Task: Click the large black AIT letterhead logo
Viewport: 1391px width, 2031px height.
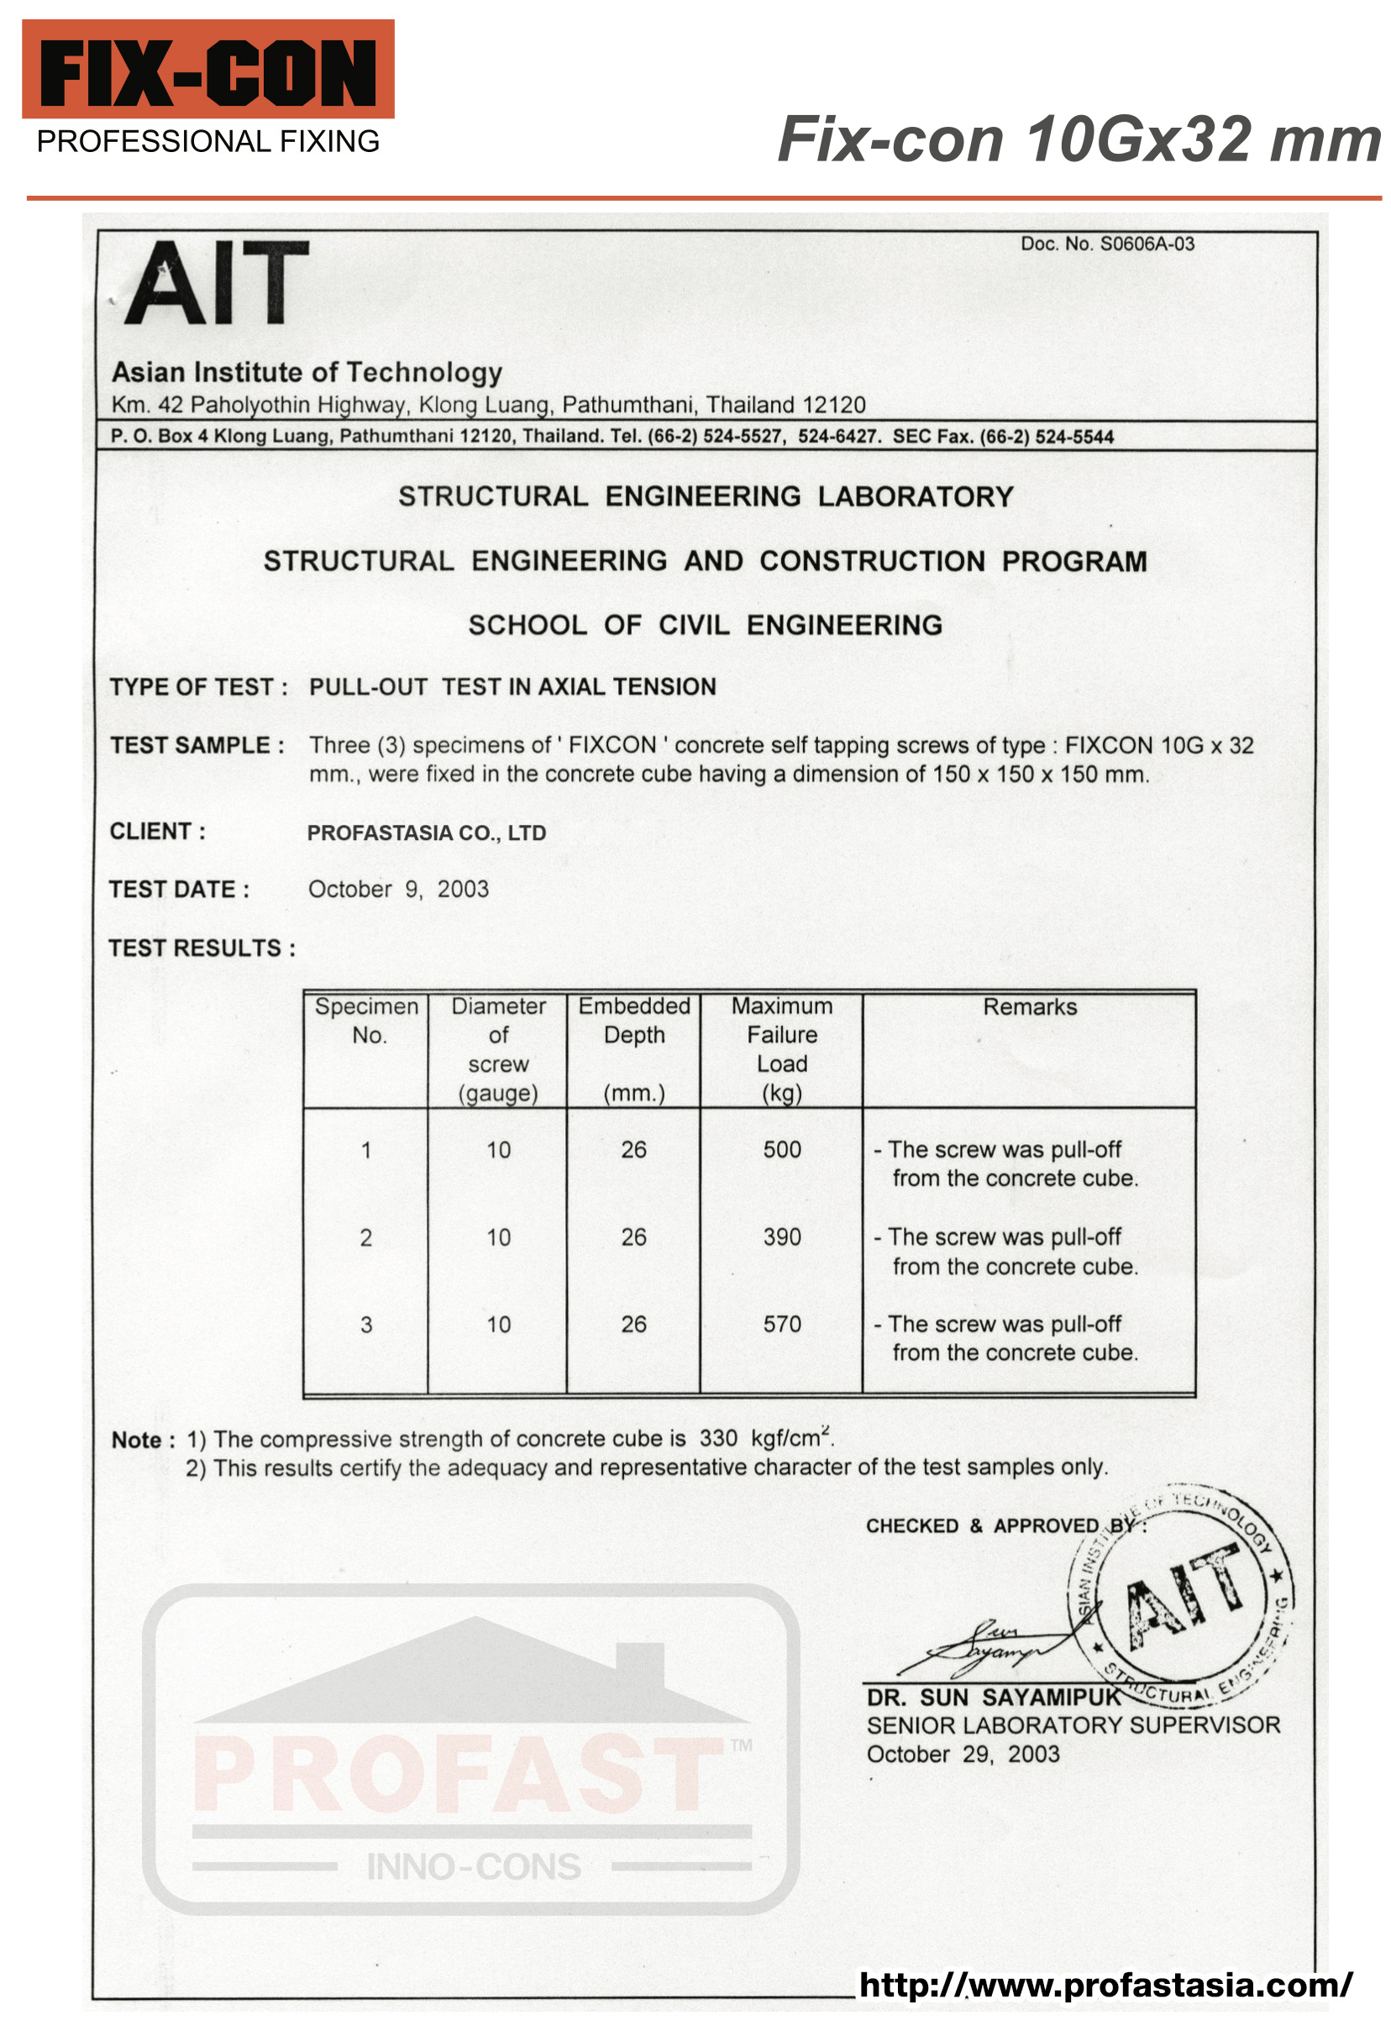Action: [216, 283]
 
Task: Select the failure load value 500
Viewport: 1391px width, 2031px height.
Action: [781, 1150]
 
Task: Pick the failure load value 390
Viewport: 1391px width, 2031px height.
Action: [781, 1237]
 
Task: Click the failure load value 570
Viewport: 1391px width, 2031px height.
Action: [781, 1325]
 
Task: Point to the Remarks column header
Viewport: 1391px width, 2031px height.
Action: [1029, 1008]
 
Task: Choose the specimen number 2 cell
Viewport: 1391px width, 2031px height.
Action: [366, 1238]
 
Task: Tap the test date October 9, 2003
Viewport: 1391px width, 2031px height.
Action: [398, 890]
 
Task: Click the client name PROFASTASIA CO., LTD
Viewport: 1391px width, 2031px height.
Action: [427, 834]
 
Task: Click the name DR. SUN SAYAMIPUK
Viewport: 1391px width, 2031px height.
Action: [993, 1698]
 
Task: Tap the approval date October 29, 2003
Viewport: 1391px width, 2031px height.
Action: [962, 1755]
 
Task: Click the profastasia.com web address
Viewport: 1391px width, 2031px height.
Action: [1105, 1986]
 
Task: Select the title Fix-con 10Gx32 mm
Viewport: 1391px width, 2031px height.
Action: [1079, 139]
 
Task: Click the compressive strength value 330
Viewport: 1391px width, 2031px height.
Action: [718, 1440]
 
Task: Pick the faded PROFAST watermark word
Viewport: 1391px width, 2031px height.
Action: [456, 1774]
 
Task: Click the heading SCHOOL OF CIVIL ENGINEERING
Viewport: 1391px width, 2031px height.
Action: [705, 626]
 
